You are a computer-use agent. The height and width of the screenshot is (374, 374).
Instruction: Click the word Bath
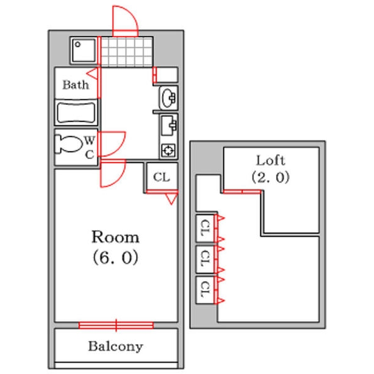(75, 85)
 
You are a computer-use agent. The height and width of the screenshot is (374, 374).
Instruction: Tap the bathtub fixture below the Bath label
(76, 113)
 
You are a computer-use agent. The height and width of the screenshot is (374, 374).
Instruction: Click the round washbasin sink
(168, 97)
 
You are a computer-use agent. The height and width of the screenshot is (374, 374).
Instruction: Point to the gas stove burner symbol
(168, 150)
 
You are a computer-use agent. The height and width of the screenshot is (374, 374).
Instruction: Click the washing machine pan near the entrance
(82, 50)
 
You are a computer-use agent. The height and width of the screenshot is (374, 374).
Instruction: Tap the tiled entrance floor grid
(127, 51)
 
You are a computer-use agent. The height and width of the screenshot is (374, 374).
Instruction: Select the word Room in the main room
(115, 237)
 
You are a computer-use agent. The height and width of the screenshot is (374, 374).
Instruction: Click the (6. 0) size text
(115, 257)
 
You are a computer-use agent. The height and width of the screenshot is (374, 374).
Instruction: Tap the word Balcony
(115, 346)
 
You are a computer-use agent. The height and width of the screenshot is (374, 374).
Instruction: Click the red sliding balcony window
(116, 325)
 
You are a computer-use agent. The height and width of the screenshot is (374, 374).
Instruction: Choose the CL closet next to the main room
(161, 177)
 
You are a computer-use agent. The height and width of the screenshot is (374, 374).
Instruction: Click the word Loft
(271, 160)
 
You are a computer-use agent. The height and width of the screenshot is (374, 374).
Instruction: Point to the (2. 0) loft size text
(271, 177)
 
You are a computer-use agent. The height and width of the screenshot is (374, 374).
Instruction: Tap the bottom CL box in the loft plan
(204, 287)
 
